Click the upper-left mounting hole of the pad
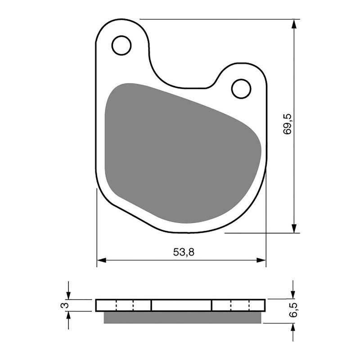(x=121, y=45)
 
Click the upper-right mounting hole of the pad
(x=241, y=89)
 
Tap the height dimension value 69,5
(x=288, y=125)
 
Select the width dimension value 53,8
(x=184, y=252)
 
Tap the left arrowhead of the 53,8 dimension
(x=102, y=260)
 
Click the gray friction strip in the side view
(x=182, y=318)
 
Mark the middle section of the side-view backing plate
(x=181, y=306)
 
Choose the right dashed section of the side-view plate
(x=238, y=306)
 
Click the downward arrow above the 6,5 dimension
(x=293, y=293)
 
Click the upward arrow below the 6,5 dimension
(x=293, y=328)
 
